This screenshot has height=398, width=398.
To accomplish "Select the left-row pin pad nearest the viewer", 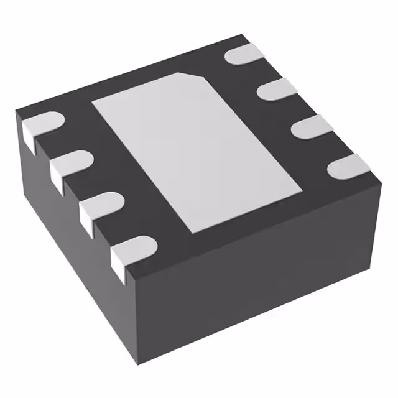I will (x=134, y=249).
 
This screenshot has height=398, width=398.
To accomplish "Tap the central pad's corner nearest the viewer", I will (x=198, y=231).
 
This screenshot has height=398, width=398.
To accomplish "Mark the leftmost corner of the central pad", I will (x=93, y=101).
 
